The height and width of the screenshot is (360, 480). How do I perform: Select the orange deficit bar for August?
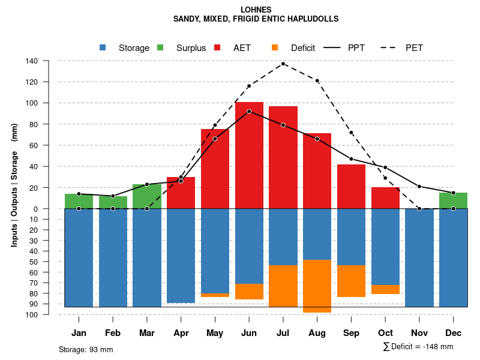pos(317,286)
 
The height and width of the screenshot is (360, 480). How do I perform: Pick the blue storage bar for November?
pos(419,258)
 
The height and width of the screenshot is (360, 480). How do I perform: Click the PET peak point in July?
pos(283,63)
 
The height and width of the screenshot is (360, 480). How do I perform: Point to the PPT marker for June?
pos(249,112)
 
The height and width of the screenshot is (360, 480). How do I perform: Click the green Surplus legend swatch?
pos(161,48)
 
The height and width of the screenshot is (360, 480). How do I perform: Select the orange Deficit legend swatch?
pos(275,48)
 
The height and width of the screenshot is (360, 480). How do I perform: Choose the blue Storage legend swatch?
pos(103,48)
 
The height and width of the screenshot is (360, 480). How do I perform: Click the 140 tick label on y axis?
pos(32,61)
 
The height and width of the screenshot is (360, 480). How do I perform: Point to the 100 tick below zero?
pos(32,314)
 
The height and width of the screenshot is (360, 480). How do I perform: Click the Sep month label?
pos(352,333)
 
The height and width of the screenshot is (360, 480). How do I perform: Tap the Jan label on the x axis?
pos(79,333)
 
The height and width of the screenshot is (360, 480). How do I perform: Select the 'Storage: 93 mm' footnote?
pos(86,349)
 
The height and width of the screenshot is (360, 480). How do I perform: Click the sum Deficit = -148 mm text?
pos(418,347)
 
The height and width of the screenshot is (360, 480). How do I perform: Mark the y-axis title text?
pos(14,185)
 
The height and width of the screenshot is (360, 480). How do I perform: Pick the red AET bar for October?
pos(386,198)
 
